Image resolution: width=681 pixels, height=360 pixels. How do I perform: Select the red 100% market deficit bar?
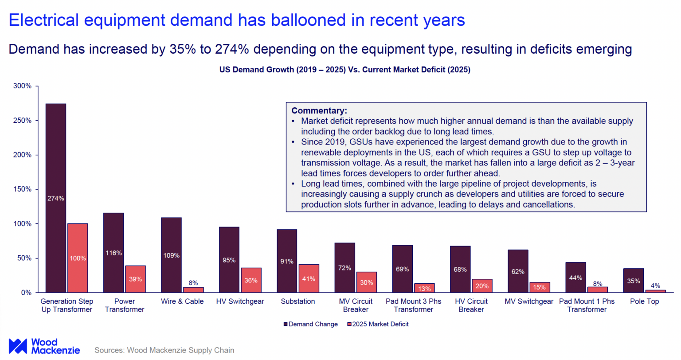tap(78, 258)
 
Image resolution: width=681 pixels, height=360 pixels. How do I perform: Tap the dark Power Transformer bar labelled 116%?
tap(113, 252)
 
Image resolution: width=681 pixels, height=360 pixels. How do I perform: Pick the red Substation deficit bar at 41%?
tap(309, 278)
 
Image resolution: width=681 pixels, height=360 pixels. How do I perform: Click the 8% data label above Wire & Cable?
tap(193, 283)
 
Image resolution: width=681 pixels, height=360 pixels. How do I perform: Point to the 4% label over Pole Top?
tap(655, 286)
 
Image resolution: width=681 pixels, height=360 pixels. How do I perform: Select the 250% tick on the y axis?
tap(23, 121)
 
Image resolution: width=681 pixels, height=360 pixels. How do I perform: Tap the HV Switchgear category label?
tap(240, 301)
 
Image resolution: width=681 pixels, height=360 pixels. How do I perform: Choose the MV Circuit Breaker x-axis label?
tap(356, 305)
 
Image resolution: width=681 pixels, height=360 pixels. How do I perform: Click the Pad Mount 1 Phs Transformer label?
tap(587, 305)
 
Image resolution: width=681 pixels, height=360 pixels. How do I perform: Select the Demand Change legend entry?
tap(310, 324)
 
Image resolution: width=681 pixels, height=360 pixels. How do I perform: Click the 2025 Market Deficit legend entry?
tap(378, 324)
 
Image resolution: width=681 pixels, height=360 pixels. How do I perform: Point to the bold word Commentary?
tap(319, 111)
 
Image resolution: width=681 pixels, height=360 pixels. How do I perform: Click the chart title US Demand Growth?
tap(344, 70)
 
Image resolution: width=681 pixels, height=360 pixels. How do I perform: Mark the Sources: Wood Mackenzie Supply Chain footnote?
tap(164, 350)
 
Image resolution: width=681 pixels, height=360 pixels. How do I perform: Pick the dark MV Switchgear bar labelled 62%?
tap(517, 271)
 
